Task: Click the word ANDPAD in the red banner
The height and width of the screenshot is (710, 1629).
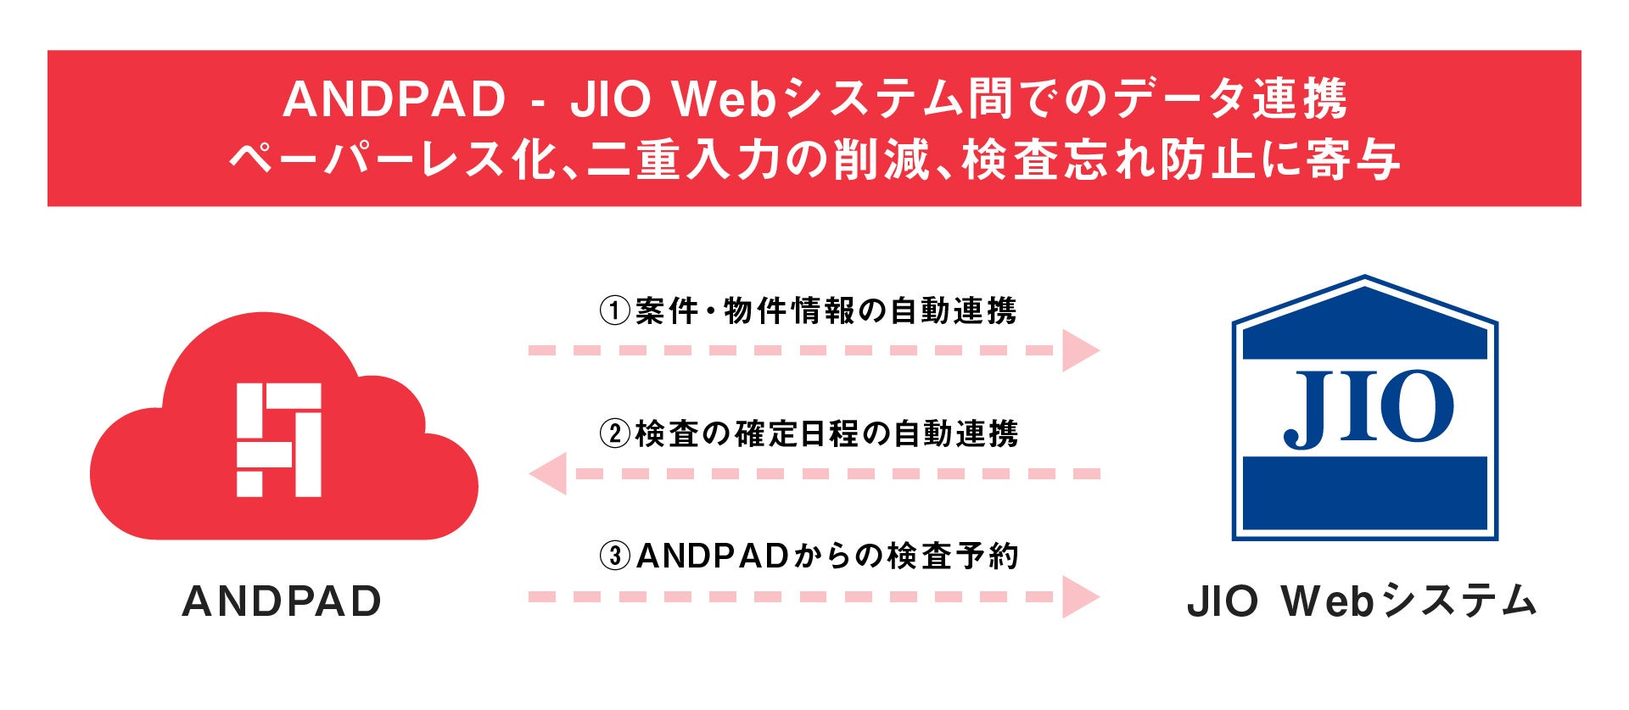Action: point(394,99)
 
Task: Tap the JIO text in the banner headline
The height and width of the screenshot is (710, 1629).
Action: point(610,99)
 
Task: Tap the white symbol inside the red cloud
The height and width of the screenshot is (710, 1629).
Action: point(278,439)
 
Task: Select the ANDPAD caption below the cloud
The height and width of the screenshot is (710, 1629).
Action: point(282,601)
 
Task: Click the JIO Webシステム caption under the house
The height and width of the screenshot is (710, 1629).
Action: point(1362,601)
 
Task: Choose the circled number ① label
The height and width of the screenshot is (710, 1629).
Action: point(615,311)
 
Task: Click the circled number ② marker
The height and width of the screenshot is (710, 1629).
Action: point(615,434)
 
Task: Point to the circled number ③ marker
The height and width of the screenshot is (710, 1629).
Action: point(615,556)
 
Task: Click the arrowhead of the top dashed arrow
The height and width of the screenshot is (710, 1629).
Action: point(1079,350)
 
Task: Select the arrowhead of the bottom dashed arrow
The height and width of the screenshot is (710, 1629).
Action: point(1079,596)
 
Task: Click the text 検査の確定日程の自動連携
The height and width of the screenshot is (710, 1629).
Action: point(826,434)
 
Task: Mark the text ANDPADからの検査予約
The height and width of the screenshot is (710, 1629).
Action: point(826,556)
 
